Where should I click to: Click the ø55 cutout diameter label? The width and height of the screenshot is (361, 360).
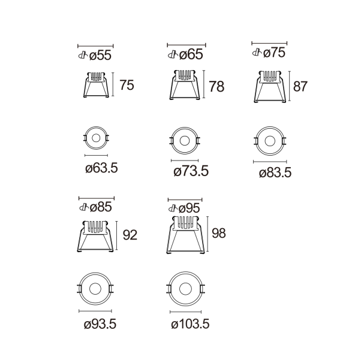click(100, 56)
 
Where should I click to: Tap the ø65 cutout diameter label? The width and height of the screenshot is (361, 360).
click(191, 55)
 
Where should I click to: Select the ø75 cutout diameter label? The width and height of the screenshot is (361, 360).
click(274, 53)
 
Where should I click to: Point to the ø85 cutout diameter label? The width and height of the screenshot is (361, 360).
click(101, 207)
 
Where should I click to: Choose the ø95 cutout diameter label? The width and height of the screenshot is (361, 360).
click(189, 208)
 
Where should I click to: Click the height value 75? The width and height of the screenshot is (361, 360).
click(127, 85)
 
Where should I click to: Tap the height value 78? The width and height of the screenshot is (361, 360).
click(216, 86)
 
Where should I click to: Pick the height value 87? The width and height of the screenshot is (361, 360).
click(300, 86)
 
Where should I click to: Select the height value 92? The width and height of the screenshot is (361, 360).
click(130, 235)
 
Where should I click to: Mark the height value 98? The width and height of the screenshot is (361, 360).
click(219, 233)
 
